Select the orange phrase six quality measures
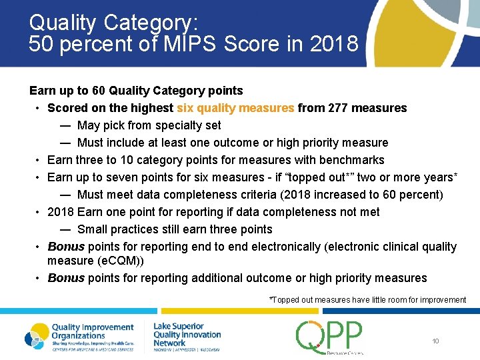[235, 108]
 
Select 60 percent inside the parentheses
[431, 195]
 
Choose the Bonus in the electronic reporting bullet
[66, 247]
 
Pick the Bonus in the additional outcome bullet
[66, 278]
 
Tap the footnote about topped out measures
[367, 300]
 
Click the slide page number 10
[435, 341]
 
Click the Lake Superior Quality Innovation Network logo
[187, 335]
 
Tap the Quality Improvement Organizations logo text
[92, 332]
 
